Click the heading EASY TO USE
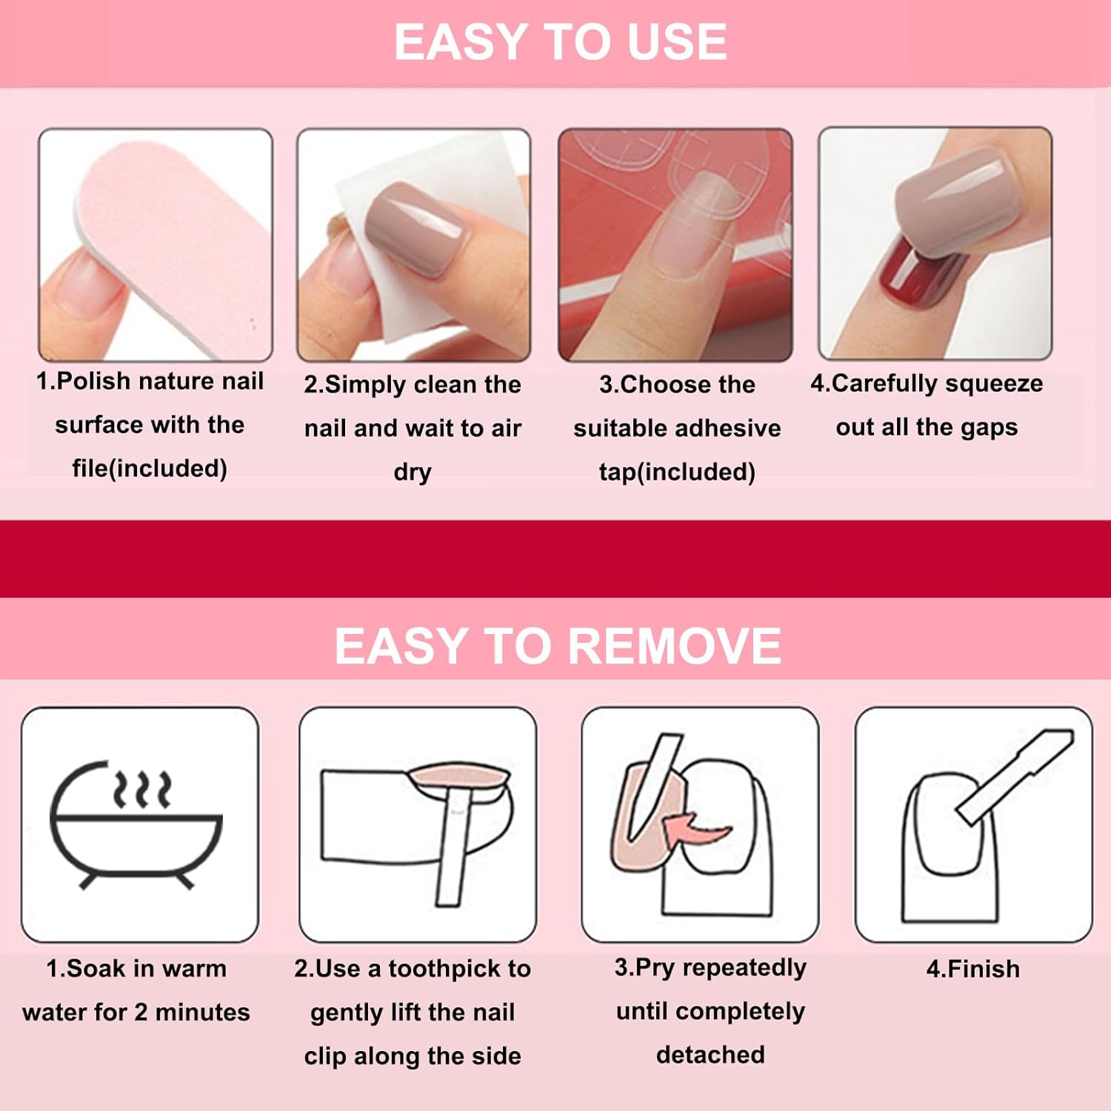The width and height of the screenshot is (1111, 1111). (x=560, y=41)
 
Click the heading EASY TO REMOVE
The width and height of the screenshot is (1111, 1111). (x=558, y=646)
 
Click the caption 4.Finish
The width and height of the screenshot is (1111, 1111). (x=973, y=969)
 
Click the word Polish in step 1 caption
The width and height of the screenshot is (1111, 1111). (x=93, y=381)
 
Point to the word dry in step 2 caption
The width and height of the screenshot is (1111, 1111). (x=413, y=473)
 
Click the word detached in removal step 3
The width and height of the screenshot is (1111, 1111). (x=710, y=1055)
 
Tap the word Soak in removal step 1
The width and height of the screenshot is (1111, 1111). (x=96, y=969)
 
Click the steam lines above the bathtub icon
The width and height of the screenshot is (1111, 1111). (x=142, y=790)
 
